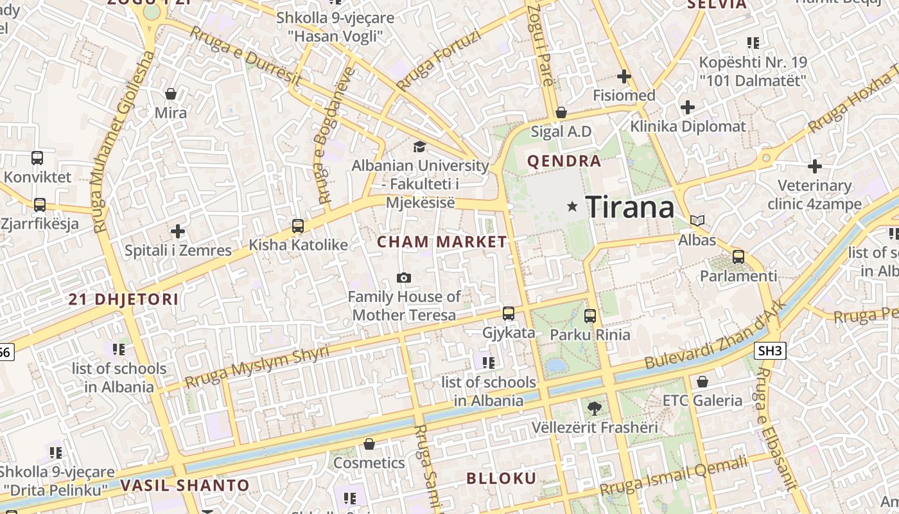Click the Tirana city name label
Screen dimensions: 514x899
[630, 207]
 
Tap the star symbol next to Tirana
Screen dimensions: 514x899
[572, 206]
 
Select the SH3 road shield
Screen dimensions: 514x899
[771, 350]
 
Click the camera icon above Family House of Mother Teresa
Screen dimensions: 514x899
[404, 278]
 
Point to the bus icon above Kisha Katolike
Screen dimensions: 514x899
[297, 226]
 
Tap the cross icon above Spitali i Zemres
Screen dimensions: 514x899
[178, 231]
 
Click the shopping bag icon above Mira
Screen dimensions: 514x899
[171, 94]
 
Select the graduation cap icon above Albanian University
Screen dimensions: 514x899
[419, 146]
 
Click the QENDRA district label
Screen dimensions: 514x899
[564, 161]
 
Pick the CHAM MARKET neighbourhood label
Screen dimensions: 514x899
[442, 242]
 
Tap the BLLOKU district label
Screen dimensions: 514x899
[501, 478]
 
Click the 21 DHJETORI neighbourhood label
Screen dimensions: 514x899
[123, 299]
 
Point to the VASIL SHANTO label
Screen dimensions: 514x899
[184, 485]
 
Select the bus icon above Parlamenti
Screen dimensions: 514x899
[738, 257]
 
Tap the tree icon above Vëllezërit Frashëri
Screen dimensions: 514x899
[595, 407]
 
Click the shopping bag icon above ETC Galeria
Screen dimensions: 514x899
[703, 382]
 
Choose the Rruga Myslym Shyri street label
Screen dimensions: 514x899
[256, 367]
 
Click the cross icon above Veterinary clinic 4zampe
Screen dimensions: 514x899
[815, 166]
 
